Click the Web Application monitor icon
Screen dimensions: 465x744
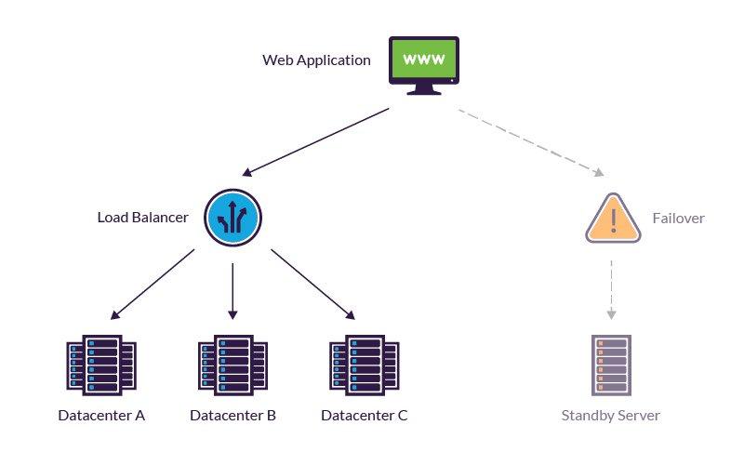(423, 65)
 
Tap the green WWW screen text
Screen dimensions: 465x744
(423, 59)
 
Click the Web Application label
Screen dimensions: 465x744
(316, 60)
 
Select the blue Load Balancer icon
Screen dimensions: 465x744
(233, 218)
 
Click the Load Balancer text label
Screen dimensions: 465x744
(143, 218)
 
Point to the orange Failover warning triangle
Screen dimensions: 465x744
(613, 219)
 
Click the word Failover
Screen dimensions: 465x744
(678, 219)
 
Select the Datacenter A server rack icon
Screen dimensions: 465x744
(101, 365)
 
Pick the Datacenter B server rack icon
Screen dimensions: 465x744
(232, 365)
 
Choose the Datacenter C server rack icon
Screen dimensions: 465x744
(365, 365)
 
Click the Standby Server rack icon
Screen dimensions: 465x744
(611, 365)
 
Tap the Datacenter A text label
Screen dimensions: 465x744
(101, 416)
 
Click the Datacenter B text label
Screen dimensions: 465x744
(232, 416)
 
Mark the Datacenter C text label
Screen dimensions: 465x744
(365, 416)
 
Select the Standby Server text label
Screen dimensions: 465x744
(611, 416)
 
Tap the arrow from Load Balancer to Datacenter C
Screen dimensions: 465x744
(312, 284)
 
